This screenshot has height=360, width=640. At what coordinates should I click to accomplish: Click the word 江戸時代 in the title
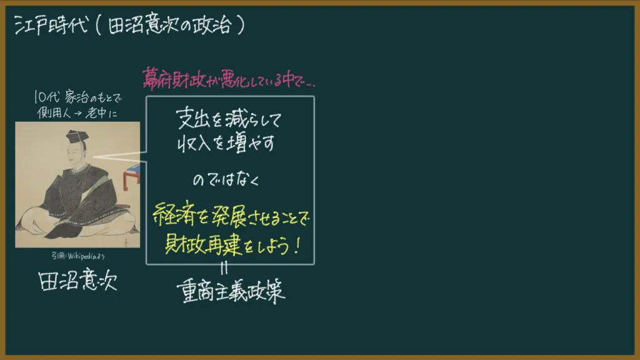[51, 25]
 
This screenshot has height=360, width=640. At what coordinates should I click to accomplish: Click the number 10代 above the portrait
[46, 97]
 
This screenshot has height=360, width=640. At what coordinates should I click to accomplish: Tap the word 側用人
[54, 112]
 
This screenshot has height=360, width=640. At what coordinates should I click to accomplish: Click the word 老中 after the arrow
[96, 112]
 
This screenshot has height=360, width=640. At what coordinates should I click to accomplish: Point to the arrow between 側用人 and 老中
[77, 113]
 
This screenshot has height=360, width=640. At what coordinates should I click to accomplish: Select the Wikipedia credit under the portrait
[77, 256]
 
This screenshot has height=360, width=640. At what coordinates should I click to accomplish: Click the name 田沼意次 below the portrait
[77, 280]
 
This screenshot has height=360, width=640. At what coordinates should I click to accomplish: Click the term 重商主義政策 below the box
[231, 291]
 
